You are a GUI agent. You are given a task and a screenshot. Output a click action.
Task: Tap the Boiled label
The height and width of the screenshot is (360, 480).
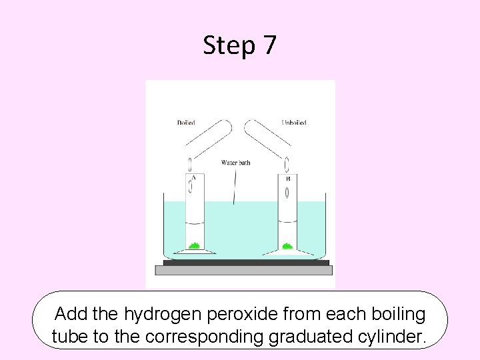pos(186,123)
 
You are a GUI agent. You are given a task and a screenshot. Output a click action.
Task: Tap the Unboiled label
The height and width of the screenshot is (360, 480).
pos(293,123)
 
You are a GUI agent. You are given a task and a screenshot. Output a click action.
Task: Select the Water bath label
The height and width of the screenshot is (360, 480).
pos(235,163)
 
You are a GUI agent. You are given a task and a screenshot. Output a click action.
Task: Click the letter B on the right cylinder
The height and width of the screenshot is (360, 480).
pos(287,179)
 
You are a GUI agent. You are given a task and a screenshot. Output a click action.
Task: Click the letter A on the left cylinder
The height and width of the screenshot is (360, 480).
pos(193,178)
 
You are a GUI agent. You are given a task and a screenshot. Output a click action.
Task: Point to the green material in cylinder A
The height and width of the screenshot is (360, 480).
pos(194,245)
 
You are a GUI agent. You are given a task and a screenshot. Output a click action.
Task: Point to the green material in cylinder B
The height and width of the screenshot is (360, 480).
pos(287,245)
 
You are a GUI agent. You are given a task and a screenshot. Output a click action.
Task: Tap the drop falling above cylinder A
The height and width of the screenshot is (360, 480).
pos(190,163)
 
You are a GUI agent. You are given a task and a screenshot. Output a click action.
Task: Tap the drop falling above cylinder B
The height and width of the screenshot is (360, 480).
pos(287,163)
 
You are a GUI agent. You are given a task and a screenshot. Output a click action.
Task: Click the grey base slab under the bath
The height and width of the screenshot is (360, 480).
pos(243,270)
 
